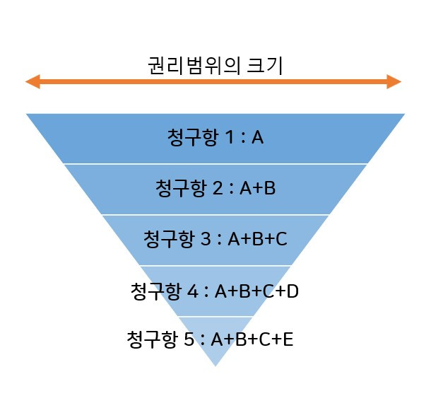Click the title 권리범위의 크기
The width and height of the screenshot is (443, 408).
[x=215, y=66]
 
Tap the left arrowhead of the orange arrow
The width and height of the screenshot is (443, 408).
[x=33, y=82]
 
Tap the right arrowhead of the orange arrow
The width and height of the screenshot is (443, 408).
[x=394, y=82]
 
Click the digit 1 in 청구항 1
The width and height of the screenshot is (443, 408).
[x=229, y=137]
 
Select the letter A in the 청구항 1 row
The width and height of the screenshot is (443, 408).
[x=258, y=137]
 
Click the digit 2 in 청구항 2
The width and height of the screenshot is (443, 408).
[x=218, y=188]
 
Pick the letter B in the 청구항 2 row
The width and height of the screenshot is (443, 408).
[x=269, y=188]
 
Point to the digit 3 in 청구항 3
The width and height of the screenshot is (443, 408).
[x=206, y=238]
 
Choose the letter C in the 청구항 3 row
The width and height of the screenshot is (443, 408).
[x=281, y=239]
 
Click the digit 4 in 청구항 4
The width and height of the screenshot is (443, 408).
[x=193, y=291]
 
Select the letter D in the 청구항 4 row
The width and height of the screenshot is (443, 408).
[x=293, y=291]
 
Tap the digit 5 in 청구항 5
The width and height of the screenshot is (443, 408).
[x=189, y=339]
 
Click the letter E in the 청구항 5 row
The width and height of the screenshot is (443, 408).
[x=288, y=339]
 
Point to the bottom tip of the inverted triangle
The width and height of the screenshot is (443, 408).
[x=215, y=366]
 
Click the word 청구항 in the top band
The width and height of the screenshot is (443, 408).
[x=193, y=137]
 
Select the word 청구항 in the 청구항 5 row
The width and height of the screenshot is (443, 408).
[x=153, y=339]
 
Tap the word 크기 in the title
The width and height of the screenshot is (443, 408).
[x=265, y=66]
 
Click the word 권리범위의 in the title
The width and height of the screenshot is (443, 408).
[x=194, y=66]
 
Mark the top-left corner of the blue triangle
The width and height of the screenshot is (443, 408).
[x=26, y=114]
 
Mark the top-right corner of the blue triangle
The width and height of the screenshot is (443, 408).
[x=405, y=114]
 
